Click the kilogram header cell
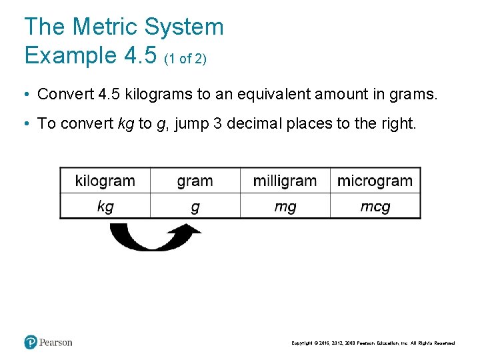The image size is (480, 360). coord(105,181)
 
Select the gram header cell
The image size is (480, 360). coord(195,181)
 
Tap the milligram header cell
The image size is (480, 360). coord(285,181)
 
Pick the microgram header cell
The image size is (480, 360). coord(375,181)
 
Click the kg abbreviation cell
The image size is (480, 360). coord(105,207)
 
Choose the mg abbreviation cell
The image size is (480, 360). coord(285,207)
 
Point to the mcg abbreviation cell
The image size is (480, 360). coord(375,207)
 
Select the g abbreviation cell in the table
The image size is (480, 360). coord(195,207)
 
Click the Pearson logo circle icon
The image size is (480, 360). coord(31,343)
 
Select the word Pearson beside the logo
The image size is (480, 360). coord(55,343)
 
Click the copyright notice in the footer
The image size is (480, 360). coord(373,343)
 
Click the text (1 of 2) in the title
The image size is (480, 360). coord(185,59)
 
